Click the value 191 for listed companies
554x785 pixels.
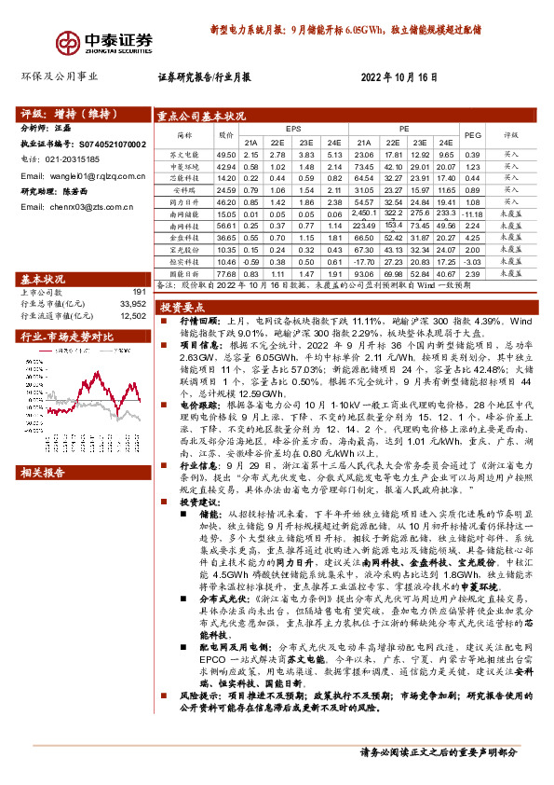(139, 293)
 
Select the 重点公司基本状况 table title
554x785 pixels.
(201, 116)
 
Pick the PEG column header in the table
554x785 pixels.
(473, 134)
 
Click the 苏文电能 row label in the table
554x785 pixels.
(185, 154)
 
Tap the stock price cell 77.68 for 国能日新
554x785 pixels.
(225, 275)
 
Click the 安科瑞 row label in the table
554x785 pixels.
(185, 189)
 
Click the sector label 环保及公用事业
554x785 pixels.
(58, 79)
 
